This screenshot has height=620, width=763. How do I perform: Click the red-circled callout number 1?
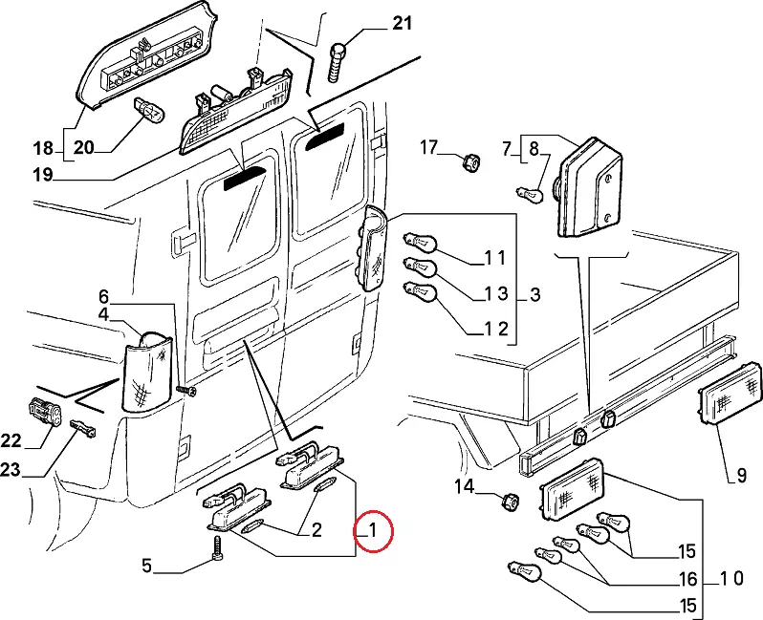click(373, 529)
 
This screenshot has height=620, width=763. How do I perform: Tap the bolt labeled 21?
click(337, 62)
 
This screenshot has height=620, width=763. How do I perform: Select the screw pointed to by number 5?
click(217, 549)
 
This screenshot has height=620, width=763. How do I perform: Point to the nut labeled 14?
click(510, 502)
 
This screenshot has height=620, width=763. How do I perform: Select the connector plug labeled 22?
click(45, 411)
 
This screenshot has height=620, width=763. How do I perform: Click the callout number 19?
click(43, 174)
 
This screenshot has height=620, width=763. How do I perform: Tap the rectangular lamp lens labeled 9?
click(730, 395)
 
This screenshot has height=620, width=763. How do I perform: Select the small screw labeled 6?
click(186, 391)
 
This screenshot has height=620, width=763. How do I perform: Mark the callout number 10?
click(731, 578)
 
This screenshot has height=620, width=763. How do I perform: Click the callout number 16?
click(688, 579)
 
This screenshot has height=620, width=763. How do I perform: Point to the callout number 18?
click(43, 147)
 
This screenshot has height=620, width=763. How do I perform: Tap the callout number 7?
click(507, 148)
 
